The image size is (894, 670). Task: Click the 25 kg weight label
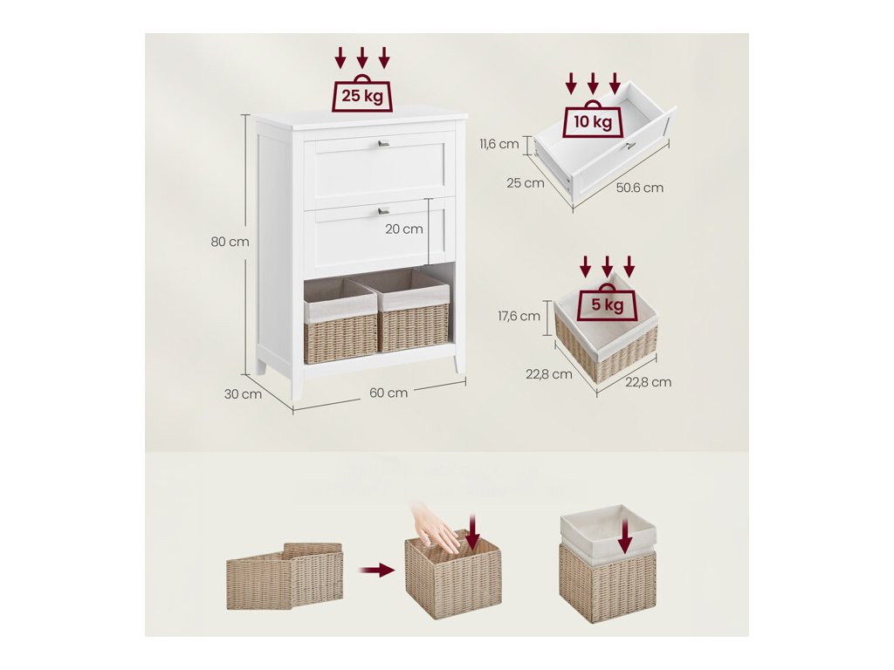[362, 96]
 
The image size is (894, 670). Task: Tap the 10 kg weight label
[593, 121]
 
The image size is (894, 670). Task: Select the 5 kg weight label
[607, 304]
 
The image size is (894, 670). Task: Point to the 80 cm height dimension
[230, 242]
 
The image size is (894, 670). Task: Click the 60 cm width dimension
[389, 393]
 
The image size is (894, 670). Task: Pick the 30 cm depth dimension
[243, 393]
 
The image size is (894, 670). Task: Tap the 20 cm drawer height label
[402, 229]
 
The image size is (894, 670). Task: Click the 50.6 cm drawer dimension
[640, 188]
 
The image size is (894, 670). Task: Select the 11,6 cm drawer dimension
[499, 144]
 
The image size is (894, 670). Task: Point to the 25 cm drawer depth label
[526, 183]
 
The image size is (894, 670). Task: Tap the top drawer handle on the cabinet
[382, 143]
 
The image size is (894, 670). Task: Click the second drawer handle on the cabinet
[382, 210]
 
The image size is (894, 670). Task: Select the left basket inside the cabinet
[340, 321]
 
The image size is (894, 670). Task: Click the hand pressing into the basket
[435, 528]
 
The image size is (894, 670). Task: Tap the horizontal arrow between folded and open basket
[377, 571]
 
